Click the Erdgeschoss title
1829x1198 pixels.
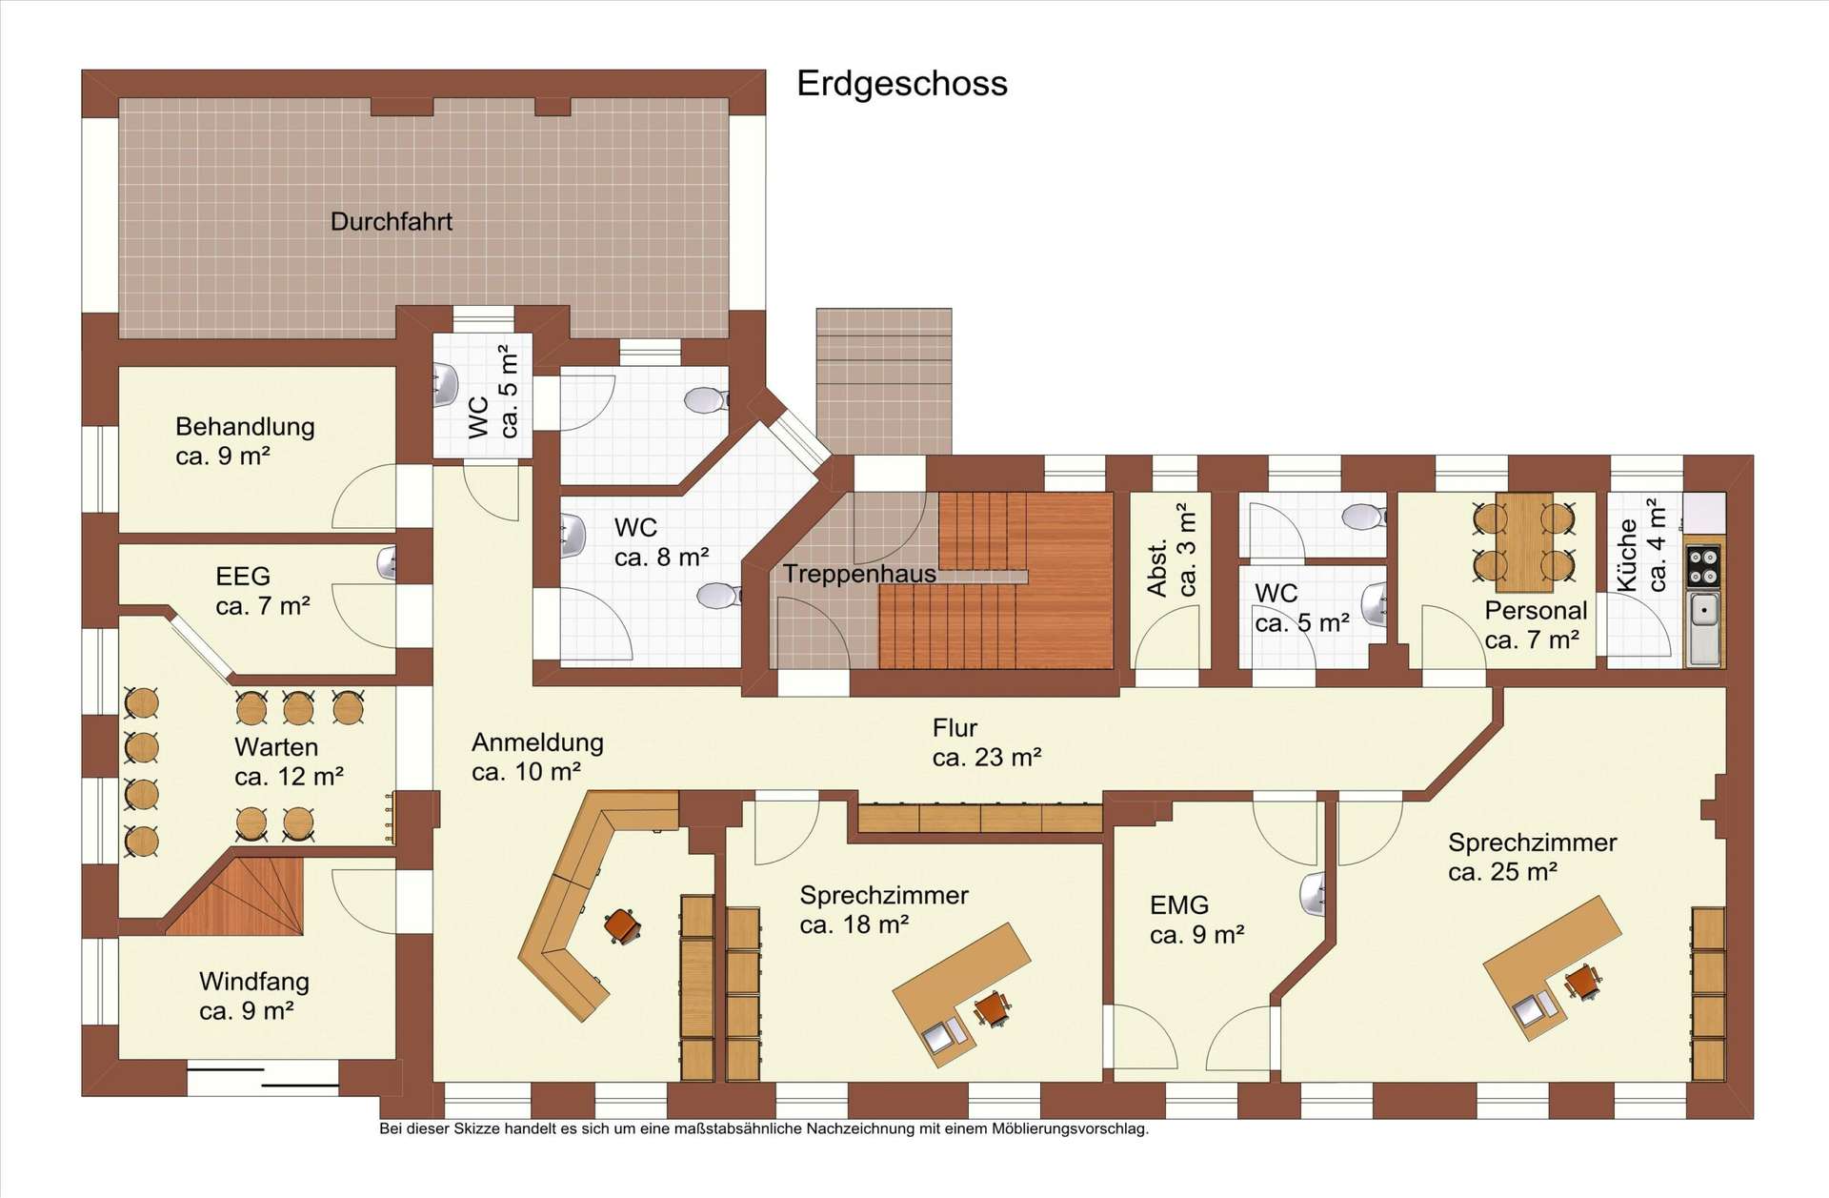(x=902, y=85)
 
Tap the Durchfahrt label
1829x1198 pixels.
(x=392, y=222)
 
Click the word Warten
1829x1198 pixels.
(x=276, y=747)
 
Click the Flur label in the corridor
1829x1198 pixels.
(x=955, y=729)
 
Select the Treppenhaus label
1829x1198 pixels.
(x=859, y=574)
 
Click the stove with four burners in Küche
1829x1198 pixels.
(x=1703, y=564)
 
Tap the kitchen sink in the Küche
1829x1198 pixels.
(x=1703, y=627)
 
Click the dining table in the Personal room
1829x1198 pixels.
(x=1524, y=540)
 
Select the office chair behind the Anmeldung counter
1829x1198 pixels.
(x=622, y=924)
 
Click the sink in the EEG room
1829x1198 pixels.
(x=387, y=563)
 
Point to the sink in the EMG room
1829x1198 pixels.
(x=1313, y=895)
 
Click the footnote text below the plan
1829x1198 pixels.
(x=764, y=1129)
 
